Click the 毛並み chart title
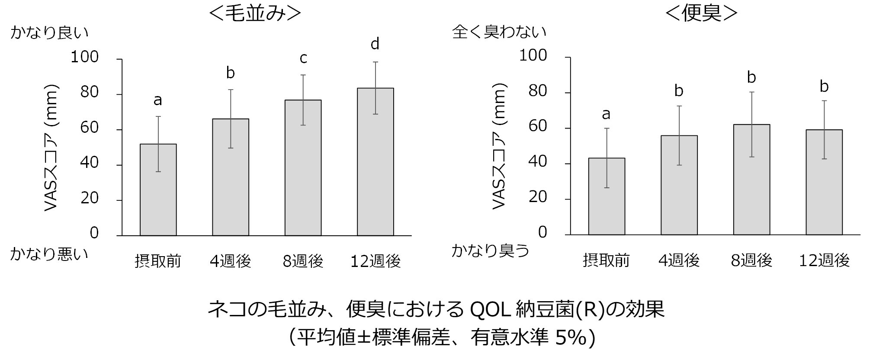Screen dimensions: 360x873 click(254, 13)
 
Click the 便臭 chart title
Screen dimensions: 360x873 click(701, 13)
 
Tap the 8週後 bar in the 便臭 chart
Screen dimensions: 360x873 click(751, 180)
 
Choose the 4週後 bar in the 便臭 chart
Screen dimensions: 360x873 click(679, 185)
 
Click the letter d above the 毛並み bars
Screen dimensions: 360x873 click(375, 44)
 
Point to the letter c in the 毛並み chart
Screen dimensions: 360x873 click(303, 58)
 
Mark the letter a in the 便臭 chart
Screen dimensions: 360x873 click(606, 114)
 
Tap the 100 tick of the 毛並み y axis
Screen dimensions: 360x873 click(85, 57)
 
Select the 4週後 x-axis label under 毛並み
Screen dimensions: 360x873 click(230, 261)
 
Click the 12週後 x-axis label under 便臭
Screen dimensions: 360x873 click(824, 260)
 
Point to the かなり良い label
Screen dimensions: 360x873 click(49, 33)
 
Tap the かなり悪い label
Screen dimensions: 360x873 click(49, 254)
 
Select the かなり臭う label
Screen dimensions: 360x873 click(490, 250)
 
